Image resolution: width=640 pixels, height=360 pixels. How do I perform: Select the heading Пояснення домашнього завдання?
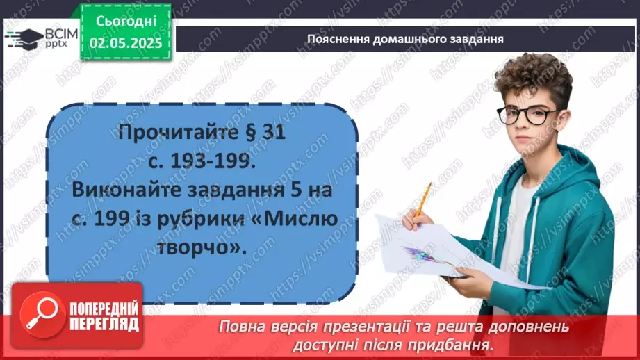(x=405, y=39)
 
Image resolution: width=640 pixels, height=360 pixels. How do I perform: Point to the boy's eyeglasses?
(x=532, y=114)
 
